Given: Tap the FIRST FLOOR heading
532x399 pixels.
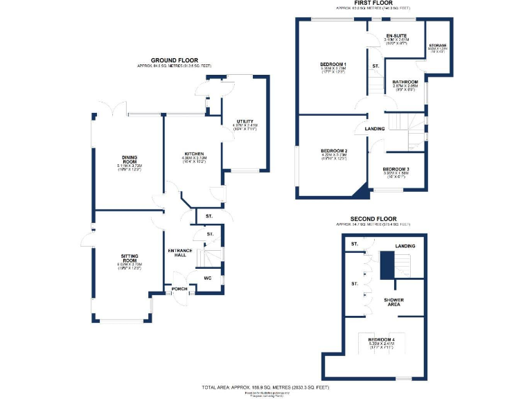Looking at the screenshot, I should [x=371, y=3].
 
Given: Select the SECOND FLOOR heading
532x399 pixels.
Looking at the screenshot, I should [x=373, y=219].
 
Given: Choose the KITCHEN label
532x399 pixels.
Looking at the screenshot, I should [x=193, y=153].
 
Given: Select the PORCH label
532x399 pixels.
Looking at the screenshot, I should [x=179, y=289].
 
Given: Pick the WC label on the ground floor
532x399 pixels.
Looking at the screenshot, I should [x=207, y=278].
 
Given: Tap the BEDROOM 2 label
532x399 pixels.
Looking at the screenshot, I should [x=333, y=151].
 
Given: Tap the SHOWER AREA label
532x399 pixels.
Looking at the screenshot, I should [x=395, y=302].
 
